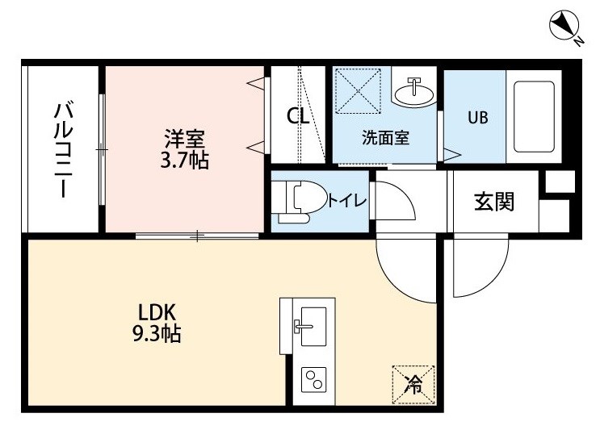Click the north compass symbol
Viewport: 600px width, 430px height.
tap(564, 26)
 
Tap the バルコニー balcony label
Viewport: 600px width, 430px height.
tap(63, 149)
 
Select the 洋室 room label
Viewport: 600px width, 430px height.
tap(185, 139)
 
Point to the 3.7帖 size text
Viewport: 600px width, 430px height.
tap(184, 161)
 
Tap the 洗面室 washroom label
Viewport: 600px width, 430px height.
tap(386, 138)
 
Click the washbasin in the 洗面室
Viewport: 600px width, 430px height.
tap(414, 93)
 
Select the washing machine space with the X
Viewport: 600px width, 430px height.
tap(358, 91)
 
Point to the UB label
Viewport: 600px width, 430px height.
tap(478, 117)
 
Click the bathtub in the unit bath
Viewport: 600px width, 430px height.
tap(534, 117)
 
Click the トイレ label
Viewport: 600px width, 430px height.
tap(347, 200)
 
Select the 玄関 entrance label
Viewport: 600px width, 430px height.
tap(494, 202)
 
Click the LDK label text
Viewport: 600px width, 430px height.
tap(157, 313)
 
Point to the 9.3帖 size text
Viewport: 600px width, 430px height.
tap(157, 334)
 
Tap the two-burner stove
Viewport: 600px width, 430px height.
tap(314, 379)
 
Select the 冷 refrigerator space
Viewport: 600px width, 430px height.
tap(413, 385)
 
